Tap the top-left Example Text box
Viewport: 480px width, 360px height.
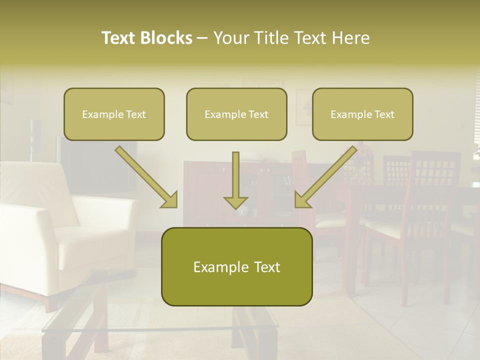click(114, 114)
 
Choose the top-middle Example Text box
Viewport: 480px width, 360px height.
click(236, 114)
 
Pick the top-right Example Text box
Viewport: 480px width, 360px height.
click(362, 114)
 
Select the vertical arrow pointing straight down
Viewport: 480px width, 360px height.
click(235, 175)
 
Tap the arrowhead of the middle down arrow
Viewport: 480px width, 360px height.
click(235, 202)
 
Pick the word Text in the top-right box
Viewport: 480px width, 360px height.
click(384, 114)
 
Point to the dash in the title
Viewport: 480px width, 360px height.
click(202, 38)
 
